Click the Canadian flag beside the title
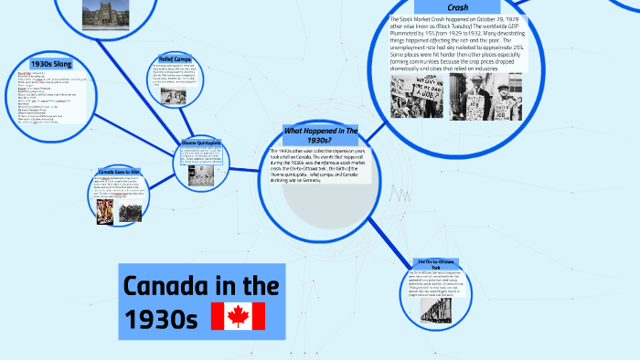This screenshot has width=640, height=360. pyautogui.click(x=238, y=316)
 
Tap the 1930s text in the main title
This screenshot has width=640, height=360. pyautogui.click(x=161, y=319)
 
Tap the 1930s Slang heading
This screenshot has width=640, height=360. pyautogui.click(x=53, y=64)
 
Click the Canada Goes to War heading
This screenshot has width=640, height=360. pyautogui.click(x=120, y=171)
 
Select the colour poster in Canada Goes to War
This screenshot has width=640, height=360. pyautogui.click(x=106, y=210)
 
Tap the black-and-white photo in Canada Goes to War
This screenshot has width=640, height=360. pyautogui.click(x=131, y=211)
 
